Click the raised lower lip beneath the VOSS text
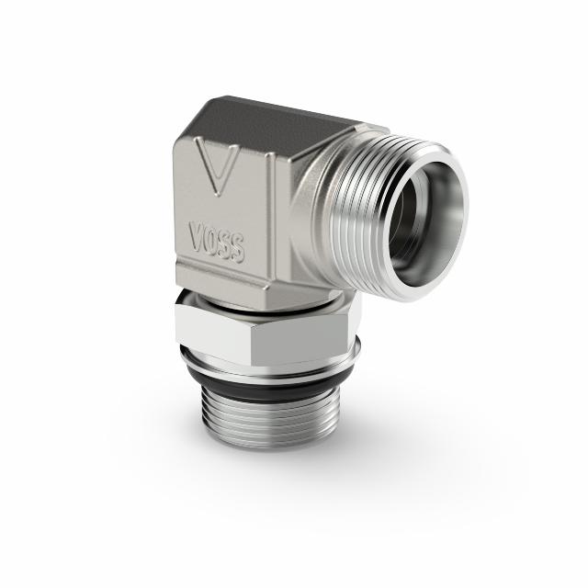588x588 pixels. click(x=220, y=276)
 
